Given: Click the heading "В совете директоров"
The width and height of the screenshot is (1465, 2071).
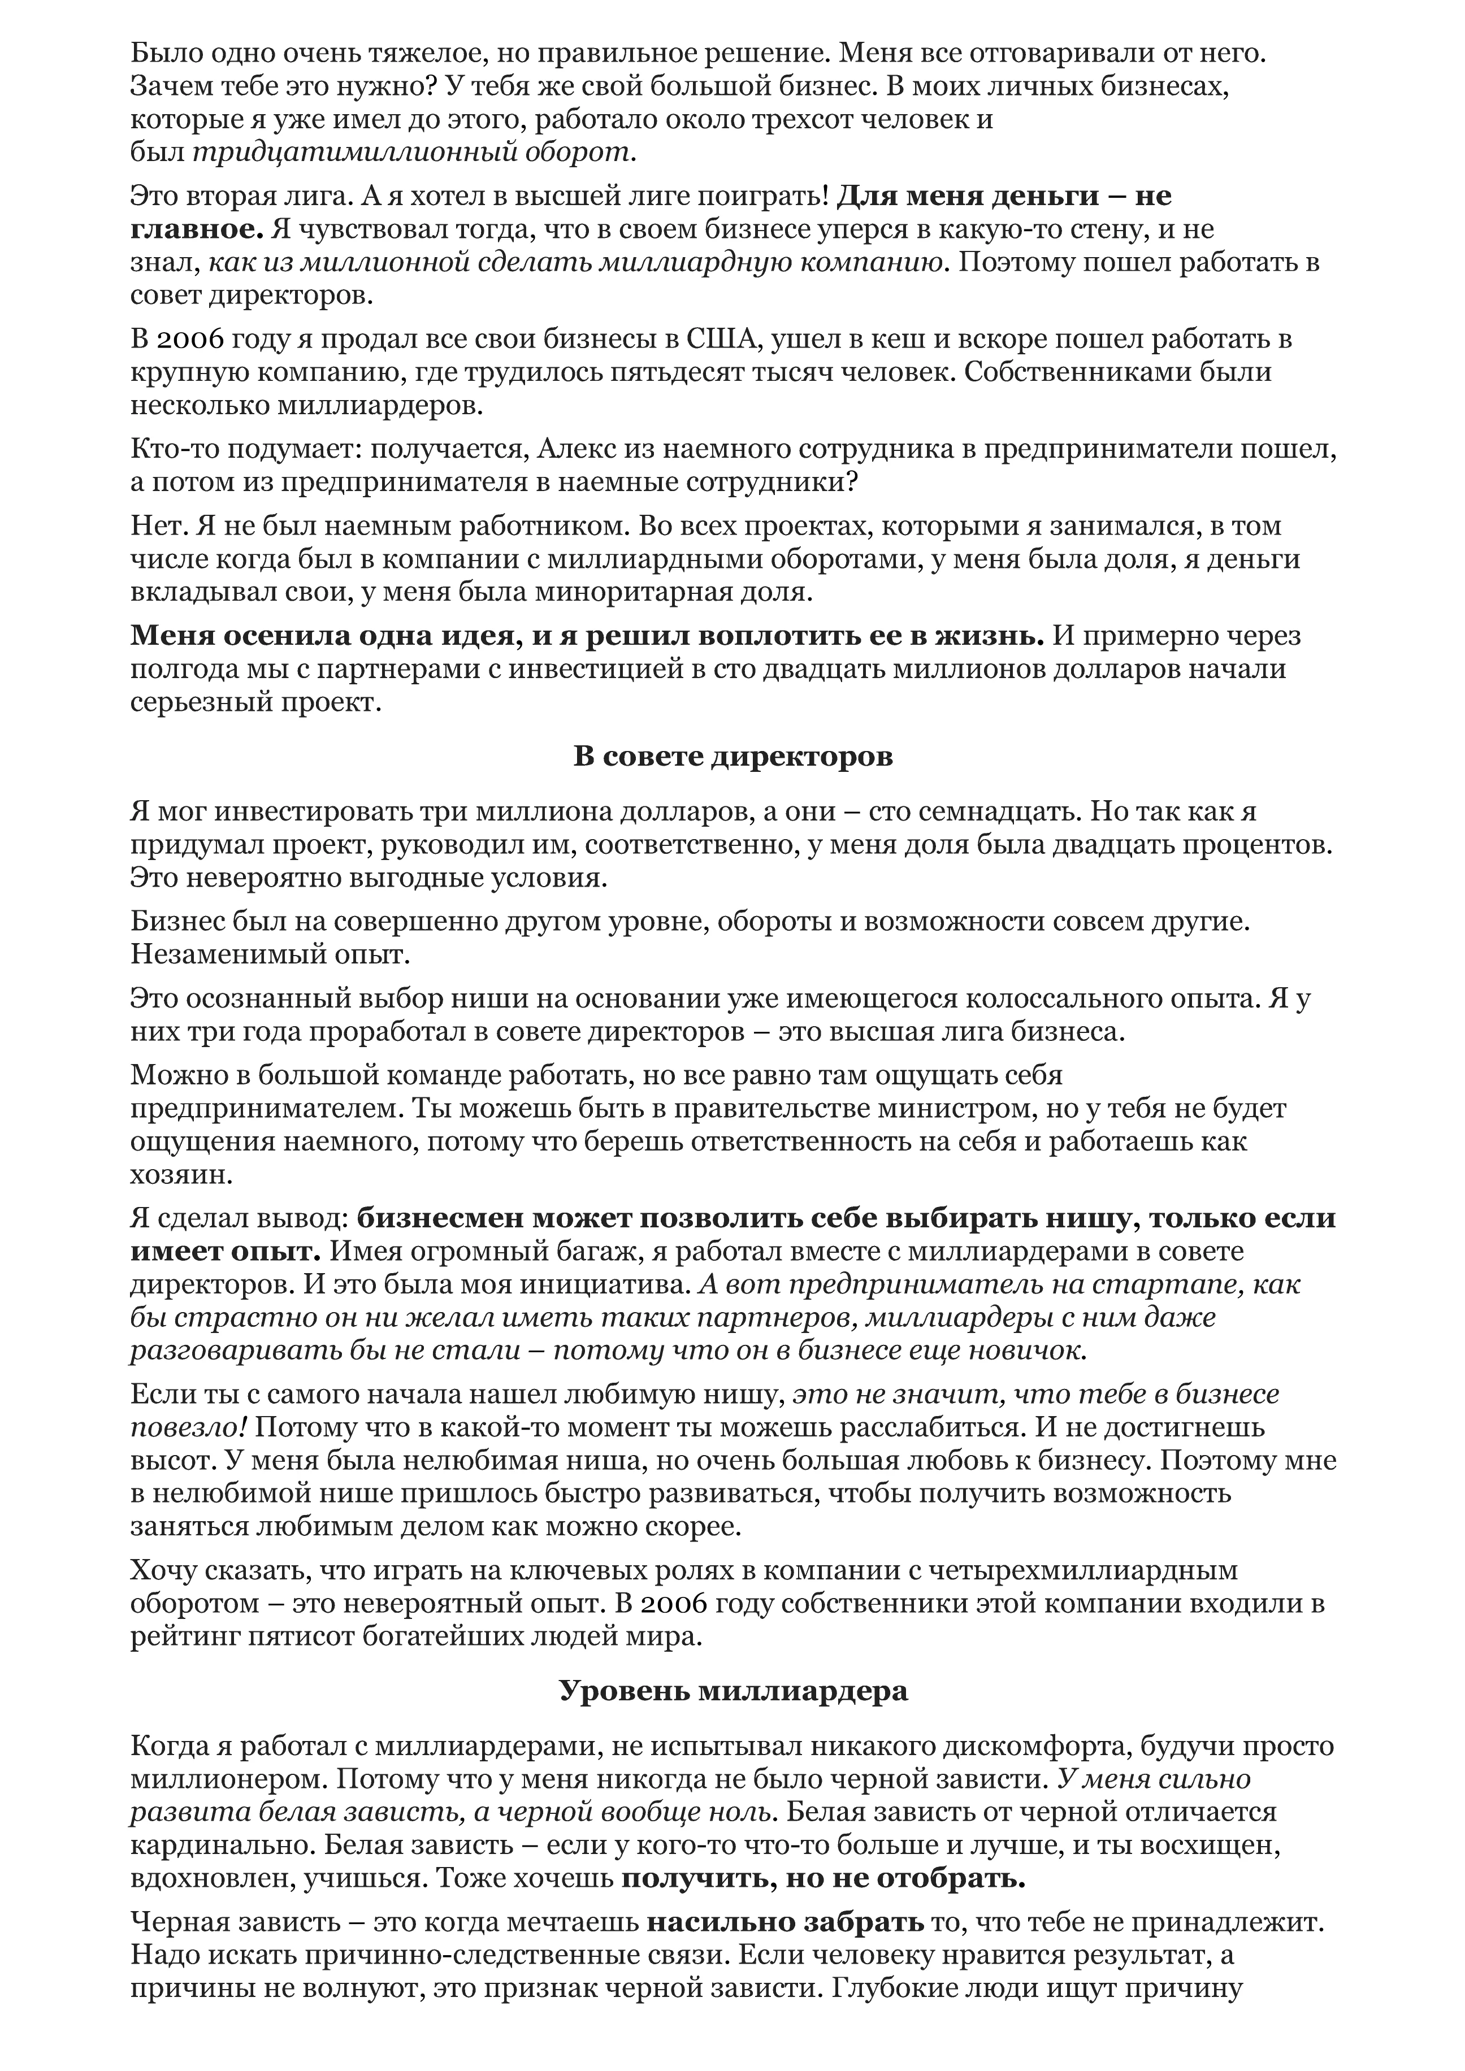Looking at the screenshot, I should click(x=732, y=756).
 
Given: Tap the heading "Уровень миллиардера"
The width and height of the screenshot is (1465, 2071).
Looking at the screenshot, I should click(x=732, y=1690).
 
